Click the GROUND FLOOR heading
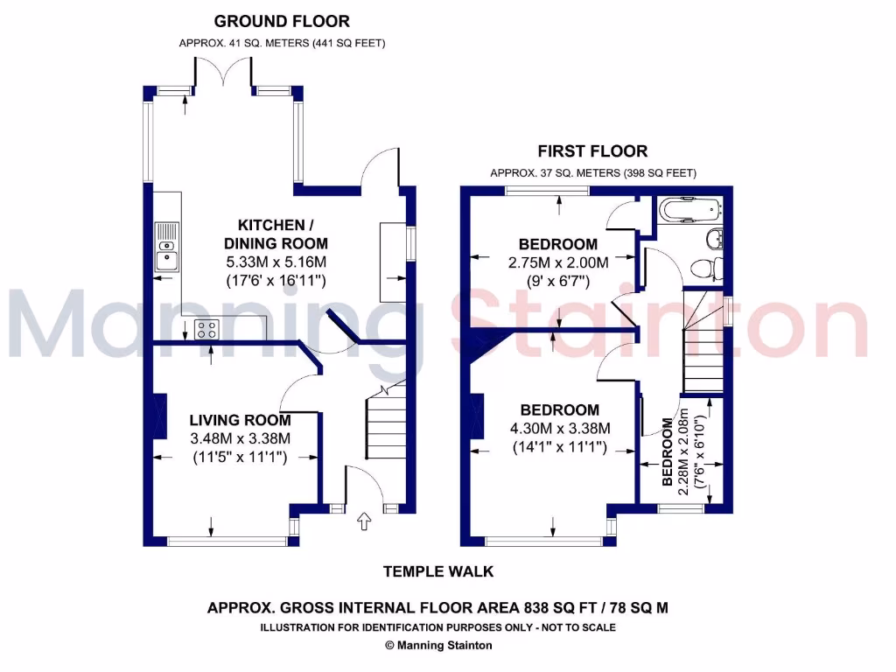282,21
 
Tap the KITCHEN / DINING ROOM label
276,235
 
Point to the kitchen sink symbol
166,247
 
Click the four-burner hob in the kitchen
207,330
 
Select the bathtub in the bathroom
690,210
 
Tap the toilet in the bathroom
707,266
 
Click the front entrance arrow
364,523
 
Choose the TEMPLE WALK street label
438,571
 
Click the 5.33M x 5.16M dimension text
276,262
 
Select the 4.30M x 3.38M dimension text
560,429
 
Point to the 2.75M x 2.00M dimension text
558,262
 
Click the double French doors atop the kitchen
224,76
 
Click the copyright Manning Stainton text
438,646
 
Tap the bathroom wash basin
715,236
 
